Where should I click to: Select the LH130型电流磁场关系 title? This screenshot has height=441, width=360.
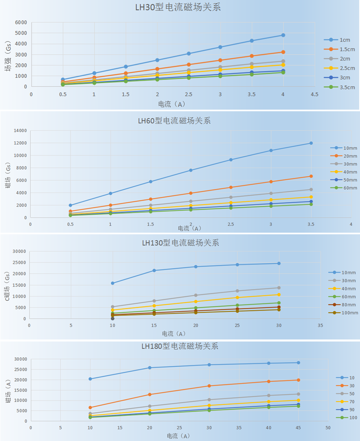click(x=180, y=243)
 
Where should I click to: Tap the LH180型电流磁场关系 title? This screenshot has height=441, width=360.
click(x=180, y=346)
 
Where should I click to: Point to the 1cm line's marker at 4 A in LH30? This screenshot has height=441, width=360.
click(x=283, y=35)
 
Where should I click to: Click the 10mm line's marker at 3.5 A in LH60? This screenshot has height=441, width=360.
click(x=311, y=143)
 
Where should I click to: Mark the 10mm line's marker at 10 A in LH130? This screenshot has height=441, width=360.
click(x=112, y=283)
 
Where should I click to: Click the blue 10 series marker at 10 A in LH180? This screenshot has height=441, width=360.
click(x=90, y=379)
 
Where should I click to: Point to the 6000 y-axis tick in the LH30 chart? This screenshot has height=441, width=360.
click(x=21, y=22)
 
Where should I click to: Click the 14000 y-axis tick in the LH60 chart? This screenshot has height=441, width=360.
click(x=20, y=131)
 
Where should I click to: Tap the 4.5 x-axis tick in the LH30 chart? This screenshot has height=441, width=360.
click(x=315, y=94)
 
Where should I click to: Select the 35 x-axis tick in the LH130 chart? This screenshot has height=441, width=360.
click(x=321, y=326)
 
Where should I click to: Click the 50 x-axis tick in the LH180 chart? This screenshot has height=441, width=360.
click(x=328, y=428)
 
